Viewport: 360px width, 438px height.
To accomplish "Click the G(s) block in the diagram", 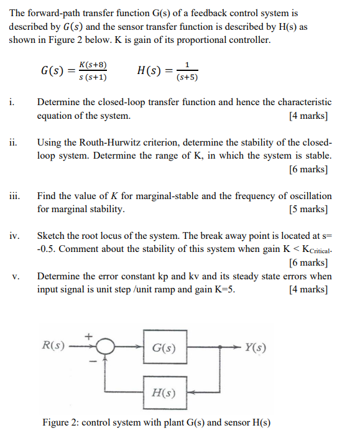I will tap(164, 348).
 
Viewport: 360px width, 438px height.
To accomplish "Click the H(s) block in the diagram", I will tap(164, 393).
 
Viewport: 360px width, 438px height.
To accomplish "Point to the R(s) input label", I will tap(53, 344).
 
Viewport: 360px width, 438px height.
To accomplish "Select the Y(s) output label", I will tap(256, 347).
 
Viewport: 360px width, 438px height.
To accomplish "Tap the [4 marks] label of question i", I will tap(308, 116).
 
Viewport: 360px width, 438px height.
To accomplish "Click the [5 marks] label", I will tap(308, 209).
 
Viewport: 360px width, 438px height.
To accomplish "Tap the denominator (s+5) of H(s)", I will tap(187, 78).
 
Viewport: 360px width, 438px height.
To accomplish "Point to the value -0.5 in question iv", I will tap(48, 249).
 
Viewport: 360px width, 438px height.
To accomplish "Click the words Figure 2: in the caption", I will tap(60, 422).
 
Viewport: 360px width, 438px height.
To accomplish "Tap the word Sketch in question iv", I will tap(52, 236).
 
